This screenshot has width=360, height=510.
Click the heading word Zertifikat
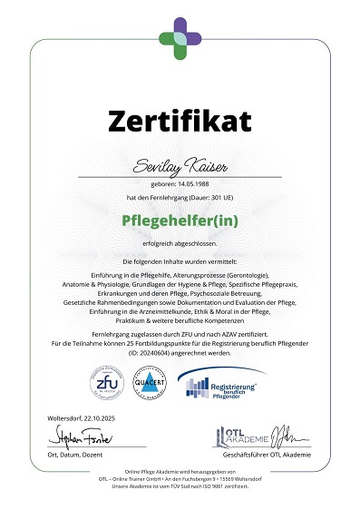(x=180, y=119)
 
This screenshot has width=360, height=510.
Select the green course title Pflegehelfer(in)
(x=180, y=221)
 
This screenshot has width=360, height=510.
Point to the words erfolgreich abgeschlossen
(x=180, y=242)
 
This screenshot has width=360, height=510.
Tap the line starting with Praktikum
(x=180, y=323)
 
